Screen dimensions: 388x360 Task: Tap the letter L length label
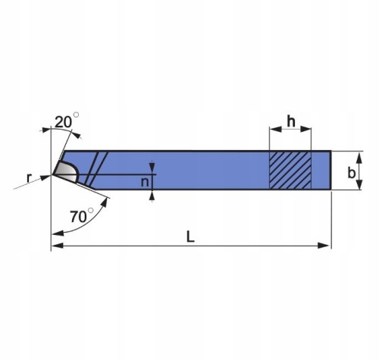[x=190, y=236]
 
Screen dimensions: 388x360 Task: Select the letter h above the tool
[x=291, y=121]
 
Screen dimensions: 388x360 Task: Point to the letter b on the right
[x=352, y=173]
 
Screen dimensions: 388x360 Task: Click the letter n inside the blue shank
[x=145, y=182]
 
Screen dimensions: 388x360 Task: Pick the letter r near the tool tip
[x=30, y=178]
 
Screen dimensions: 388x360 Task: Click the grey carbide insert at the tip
[x=66, y=171]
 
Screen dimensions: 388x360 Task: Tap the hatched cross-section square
[x=290, y=170]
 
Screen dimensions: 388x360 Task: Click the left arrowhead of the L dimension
[x=57, y=246]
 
